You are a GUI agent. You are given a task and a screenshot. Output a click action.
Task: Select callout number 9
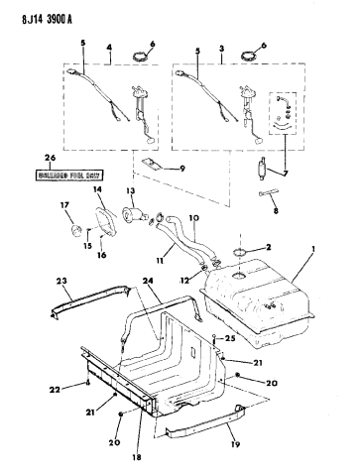(181, 168)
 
